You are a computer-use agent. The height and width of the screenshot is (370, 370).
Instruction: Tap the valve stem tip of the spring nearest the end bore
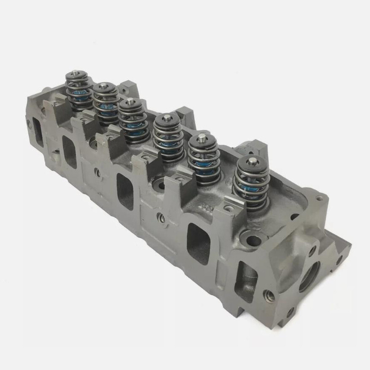pos(253,161)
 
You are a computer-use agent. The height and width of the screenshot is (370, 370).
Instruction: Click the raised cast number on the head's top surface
pos(207,207)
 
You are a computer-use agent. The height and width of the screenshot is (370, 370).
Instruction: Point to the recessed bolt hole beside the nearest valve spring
pos(254,240)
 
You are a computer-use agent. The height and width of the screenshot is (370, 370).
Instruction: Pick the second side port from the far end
pos(70,152)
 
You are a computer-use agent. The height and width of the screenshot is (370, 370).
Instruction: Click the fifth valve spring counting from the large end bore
pos(106,103)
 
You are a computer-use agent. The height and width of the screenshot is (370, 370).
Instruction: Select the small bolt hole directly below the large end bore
pos(290,313)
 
